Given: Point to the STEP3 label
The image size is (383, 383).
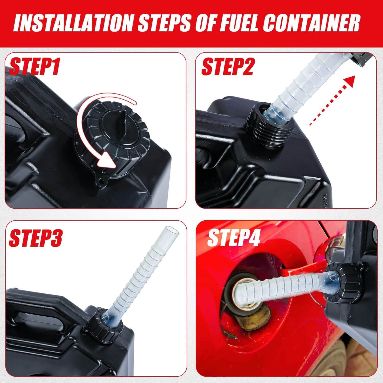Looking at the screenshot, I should click(x=36, y=238).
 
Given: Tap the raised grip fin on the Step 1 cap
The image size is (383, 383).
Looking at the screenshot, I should click(x=123, y=122).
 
